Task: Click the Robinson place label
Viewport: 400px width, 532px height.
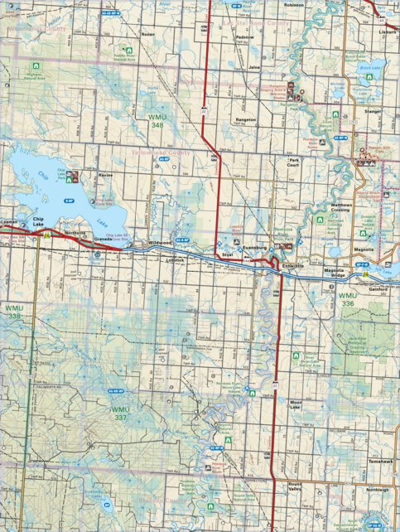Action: point(294,5)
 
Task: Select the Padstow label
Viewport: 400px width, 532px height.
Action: point(244,37)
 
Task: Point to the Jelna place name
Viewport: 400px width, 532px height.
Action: point(254,65)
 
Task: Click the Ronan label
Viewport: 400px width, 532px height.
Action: point(148,36)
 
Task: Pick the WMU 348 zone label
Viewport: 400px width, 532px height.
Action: point(157,122)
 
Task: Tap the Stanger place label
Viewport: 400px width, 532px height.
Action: point(372,109)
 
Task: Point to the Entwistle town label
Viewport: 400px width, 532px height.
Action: point(293,265)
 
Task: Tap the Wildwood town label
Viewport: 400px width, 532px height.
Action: point(160,242)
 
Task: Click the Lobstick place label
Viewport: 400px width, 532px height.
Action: point(176,259)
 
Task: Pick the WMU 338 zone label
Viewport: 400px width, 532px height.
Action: point(13,312)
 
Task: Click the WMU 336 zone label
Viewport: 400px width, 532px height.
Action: point(347,299)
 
